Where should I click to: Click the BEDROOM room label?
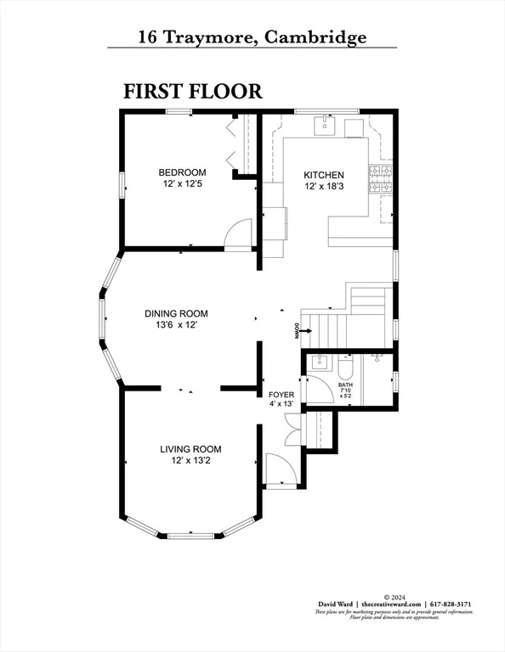pyautogui.click(x=182, y=173)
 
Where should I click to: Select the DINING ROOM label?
pyautogui.click(x=176, y=313)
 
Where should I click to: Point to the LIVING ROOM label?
pyautogui.click(x=190, y=449)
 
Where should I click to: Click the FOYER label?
pyautogui.click(x=281, y=395)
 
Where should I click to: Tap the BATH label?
pyautogui.click(x=345, y=384)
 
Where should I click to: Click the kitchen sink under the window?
pyautogui.click(x=324, y=127)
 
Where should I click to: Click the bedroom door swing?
pyautogui.click(x=239, y=233)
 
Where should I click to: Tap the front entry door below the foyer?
pyautogui.click(x=278, y=469)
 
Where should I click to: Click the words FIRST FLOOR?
pyautogui.click(x=193, y=91)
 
